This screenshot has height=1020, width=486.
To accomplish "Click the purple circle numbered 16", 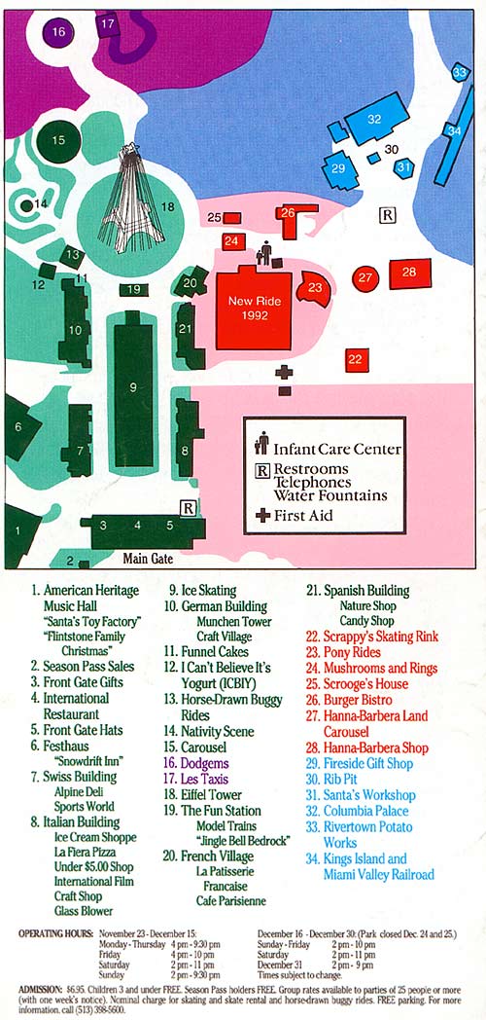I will (x=58, y=32).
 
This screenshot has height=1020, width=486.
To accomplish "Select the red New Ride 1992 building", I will (x=254, y=308).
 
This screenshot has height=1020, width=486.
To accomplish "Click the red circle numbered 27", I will (x=364, y=278).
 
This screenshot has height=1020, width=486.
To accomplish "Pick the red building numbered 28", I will (x=409, y=273).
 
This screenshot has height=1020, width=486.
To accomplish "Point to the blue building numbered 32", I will (x=374, y=119).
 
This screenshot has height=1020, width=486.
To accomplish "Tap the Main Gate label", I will (x=148, y=559).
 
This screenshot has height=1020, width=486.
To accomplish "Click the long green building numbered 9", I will (x=134, y=388).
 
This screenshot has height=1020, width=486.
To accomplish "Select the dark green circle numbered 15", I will (x=58, y=141).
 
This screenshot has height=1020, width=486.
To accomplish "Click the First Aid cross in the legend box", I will (x=262, y=516).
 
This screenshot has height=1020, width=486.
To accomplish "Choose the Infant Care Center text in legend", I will (x=336, y=449).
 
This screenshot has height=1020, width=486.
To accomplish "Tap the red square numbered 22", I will (x=355, y=359).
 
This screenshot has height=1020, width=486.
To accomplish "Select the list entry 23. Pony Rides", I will (x=344, y=652).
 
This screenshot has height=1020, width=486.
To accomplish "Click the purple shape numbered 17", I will (x=107, y=23).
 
